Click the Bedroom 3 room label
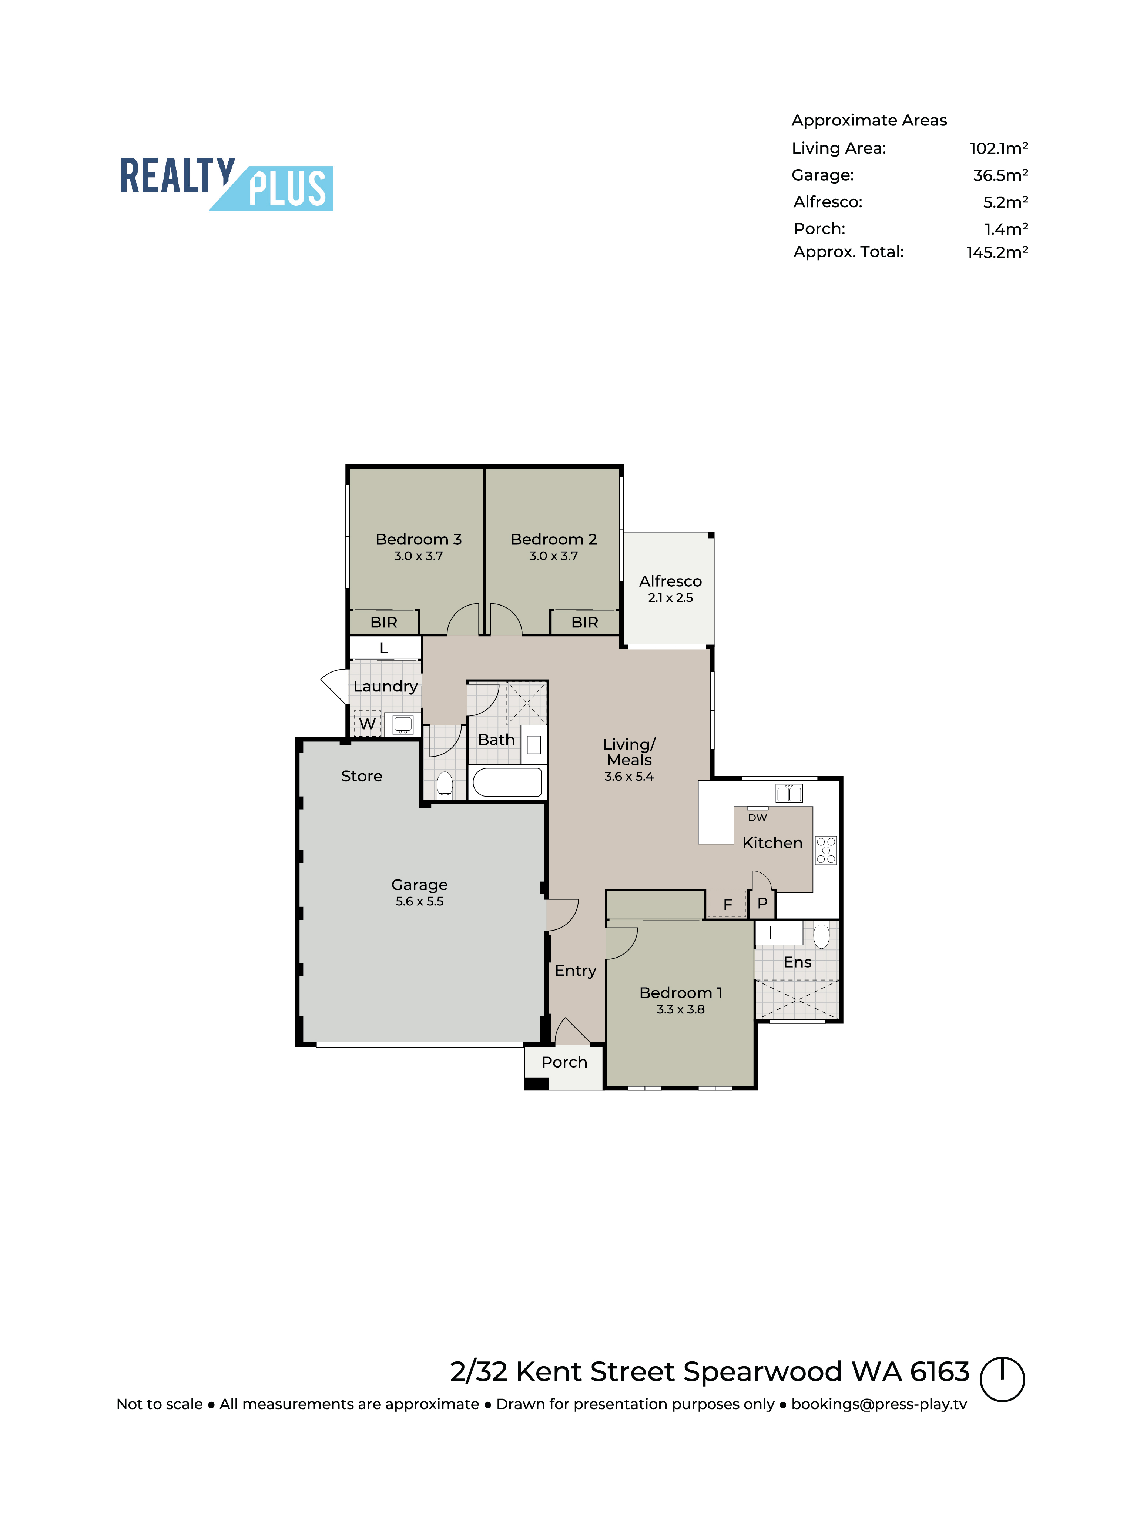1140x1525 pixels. [418, 539]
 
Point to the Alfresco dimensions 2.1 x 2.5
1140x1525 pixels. [670, 598]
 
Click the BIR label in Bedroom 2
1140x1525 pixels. [584, 622]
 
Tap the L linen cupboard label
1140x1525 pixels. [384, 648]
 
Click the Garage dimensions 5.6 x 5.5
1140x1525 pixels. [419, 901]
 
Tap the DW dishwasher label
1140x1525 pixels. [758, 818]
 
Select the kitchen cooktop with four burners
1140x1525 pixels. [826, 850]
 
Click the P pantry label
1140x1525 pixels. [762, 903]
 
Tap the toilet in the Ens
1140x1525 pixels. [821, 936]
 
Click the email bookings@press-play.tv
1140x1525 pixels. [879, 1404]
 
